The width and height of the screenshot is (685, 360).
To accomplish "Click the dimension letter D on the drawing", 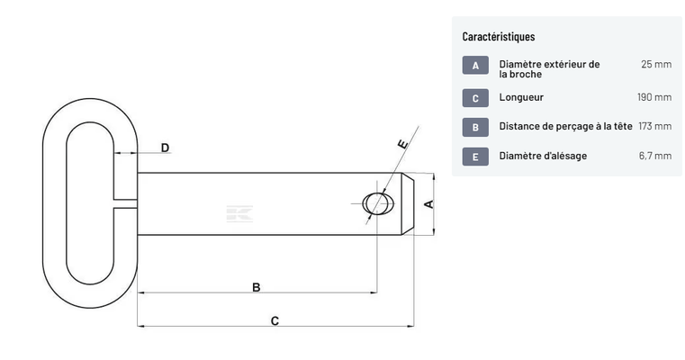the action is (x=165, y=148).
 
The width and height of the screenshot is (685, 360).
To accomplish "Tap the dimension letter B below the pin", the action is (x=257, y=287).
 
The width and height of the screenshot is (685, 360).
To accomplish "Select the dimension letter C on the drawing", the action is (x=275, y=321).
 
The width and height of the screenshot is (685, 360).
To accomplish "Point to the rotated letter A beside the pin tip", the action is (x=429, y=204).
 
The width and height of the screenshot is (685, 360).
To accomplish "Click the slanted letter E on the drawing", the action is (x=402, y=144).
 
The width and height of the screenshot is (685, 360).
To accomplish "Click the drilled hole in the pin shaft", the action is (x=378, y=203).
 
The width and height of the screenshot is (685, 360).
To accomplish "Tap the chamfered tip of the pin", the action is (x=408, y=204).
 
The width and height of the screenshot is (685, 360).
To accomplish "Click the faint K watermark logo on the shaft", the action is (x=239, y=213).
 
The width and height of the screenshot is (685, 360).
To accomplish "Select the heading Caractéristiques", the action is (x=499, y=37).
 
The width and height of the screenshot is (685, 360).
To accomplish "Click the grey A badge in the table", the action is (x=475, y=65).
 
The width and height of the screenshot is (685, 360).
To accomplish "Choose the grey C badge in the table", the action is (x=475, y=98).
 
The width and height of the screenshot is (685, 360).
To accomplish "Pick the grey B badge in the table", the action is (x=475, y=127).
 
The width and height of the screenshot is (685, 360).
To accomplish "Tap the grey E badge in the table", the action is (x=475, y=157).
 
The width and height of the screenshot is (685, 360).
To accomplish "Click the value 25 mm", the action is (x=656, y=64).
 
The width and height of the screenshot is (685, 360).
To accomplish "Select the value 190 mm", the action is (x=654, y=97).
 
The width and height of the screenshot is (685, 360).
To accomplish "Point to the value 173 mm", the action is (x=655, y=126).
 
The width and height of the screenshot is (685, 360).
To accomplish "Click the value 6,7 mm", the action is (x=655, y=156).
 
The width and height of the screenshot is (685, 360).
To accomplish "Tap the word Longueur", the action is (x=521, y=97).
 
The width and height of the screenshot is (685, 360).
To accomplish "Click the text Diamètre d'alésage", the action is (x=543, y=156).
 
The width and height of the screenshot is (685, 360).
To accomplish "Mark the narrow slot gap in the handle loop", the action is (x=126, y=203).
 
